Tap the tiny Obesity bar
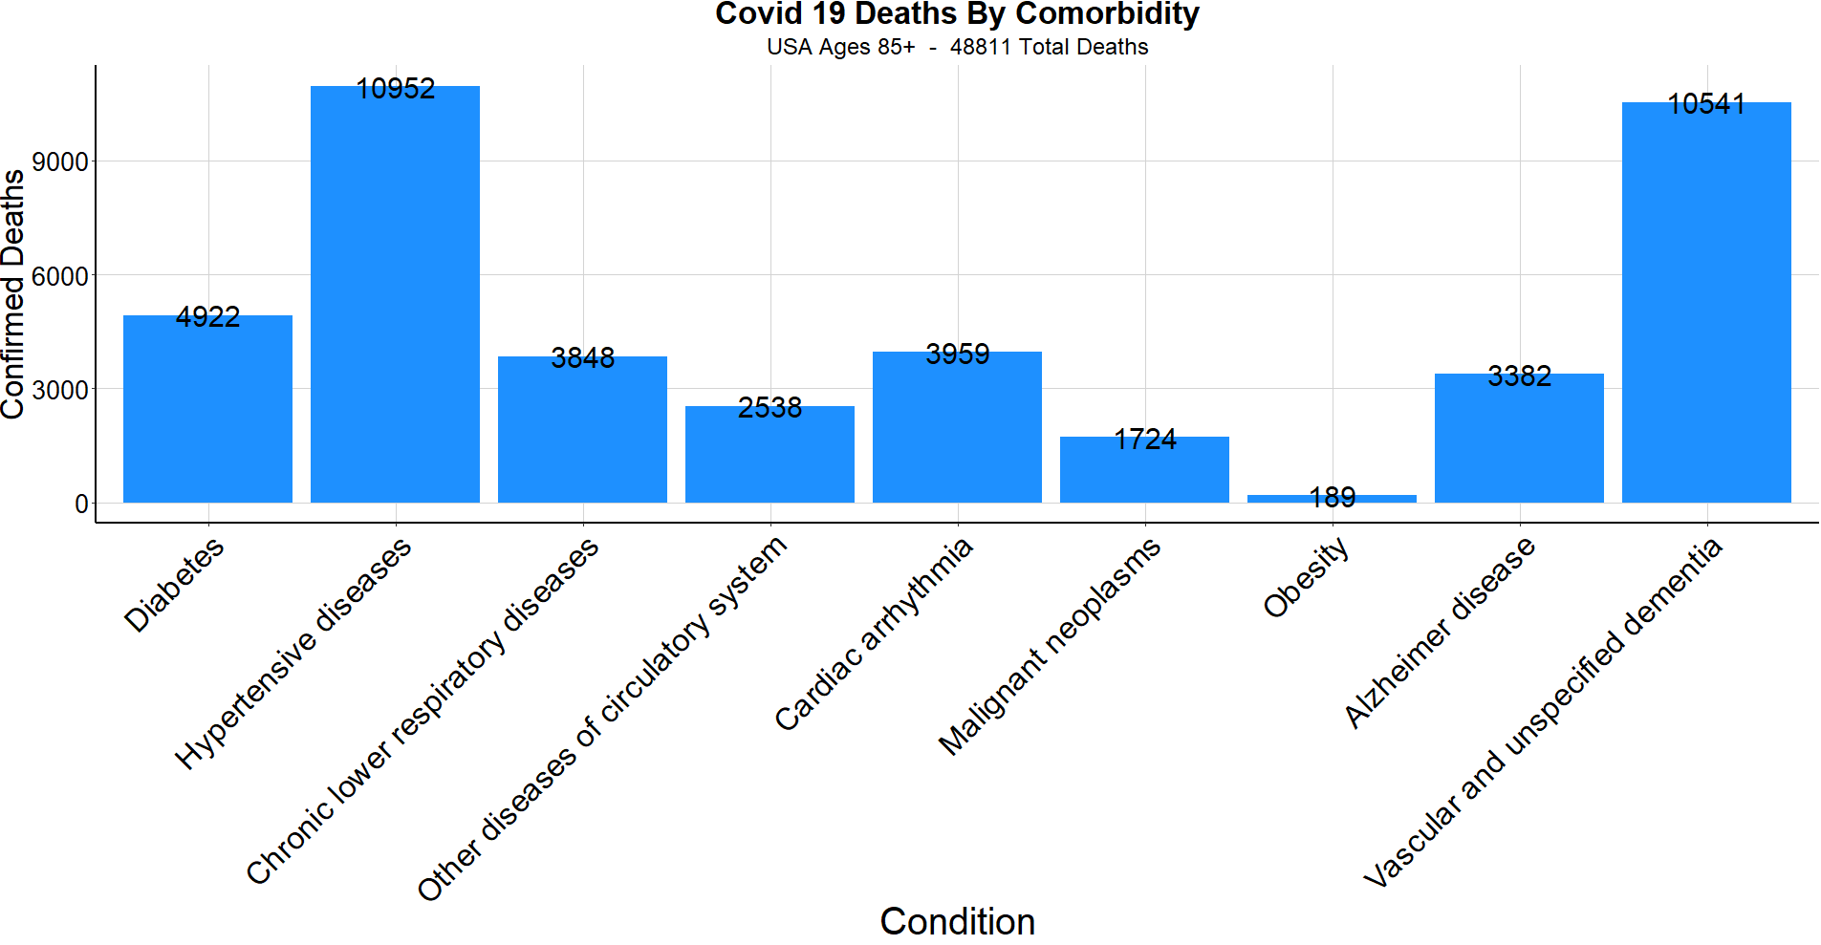point(1332,499)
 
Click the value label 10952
point(395,89)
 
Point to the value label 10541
point(1706,104)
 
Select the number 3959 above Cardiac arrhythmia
point(957,354)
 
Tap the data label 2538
point(770,408)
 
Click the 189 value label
point(1332,497)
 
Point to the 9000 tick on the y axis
point(59,161)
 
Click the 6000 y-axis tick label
point(59,276)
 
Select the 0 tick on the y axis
point(81,504)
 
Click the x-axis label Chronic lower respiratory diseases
point(422,711)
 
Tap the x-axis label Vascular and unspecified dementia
point(1542,713)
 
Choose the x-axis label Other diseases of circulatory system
point(602,719)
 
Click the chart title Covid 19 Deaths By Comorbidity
point(957,14)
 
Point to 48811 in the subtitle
point(980,47)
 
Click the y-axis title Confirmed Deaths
point(13,294)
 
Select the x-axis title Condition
point(957,921)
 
